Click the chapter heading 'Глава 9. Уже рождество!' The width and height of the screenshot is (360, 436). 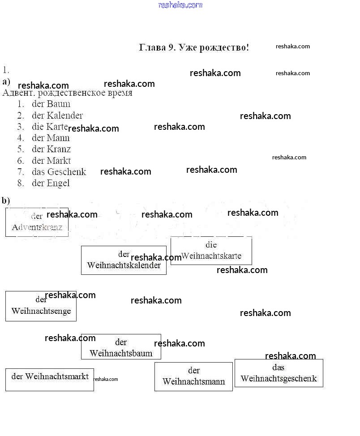click(194, 47)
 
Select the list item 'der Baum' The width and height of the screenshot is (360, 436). click(51, 104)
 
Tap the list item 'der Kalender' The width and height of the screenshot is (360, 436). click(57, 115)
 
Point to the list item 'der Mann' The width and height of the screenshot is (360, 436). click(51, 138)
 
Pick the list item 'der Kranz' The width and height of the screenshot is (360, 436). click(51, 149)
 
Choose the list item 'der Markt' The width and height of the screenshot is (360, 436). click(51, 160)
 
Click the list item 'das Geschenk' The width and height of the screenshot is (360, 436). click(59, 172)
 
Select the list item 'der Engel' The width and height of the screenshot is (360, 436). click(51, 183)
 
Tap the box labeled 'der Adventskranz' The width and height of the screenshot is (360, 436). click(37, 222)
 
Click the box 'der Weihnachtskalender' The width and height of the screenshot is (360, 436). click(124, 260)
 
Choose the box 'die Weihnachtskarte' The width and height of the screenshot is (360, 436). click(211, 251)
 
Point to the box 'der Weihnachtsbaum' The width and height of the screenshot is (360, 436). click(121, 347)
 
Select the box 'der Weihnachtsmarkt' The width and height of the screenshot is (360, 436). click(50, 379)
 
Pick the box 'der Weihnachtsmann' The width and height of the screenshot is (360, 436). click(193, 376)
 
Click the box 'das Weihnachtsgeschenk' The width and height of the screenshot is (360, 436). click(279, 373)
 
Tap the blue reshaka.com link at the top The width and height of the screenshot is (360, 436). click(180, 5)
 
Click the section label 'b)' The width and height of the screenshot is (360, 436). click(6, 201)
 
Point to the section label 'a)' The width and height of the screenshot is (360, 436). click(6, 81)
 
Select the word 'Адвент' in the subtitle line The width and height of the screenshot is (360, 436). click(18, 93)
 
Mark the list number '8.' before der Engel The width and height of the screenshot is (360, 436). click(21, 183)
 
